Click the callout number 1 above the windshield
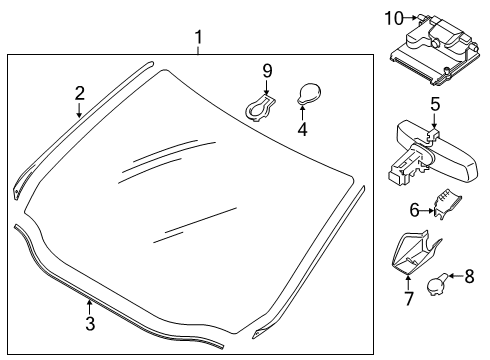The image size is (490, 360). [x=198, y=38]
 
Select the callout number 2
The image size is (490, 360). [x=79, y=93]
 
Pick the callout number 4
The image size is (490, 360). [x=304, y=129]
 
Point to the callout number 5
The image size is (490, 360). [x=435, y=104]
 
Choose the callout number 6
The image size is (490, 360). [x=415, y=211]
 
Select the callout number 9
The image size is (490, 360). [x=267, y=70]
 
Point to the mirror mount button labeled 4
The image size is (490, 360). [x=308, y=95]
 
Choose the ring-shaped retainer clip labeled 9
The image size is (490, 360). [x=260, y=106]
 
